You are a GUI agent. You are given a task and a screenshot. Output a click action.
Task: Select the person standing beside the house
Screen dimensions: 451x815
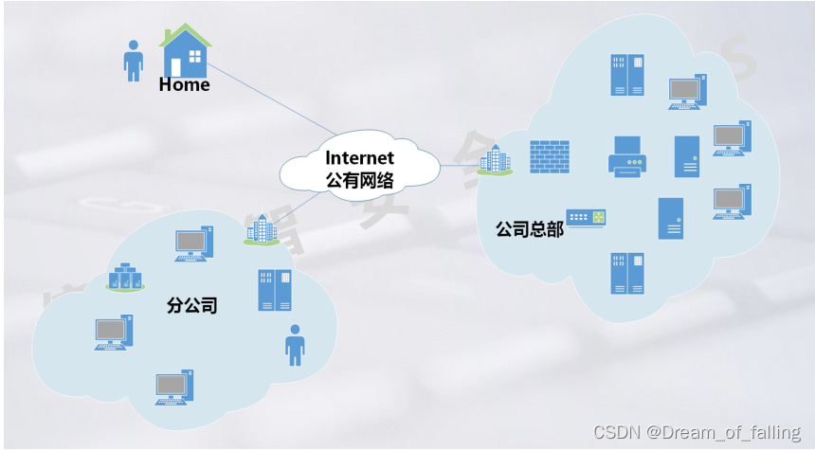click(134, 60)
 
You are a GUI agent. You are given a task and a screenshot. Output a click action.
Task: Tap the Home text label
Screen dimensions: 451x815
click(184, 85)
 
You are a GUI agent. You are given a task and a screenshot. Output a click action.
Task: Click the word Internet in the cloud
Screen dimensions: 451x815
click(359, 157)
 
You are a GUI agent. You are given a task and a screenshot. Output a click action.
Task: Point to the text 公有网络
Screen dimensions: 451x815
click(359, 179)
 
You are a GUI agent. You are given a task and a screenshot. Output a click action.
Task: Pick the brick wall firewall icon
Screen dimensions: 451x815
click(549, 156)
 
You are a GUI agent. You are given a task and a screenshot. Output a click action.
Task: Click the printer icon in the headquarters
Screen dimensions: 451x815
click(626, 156)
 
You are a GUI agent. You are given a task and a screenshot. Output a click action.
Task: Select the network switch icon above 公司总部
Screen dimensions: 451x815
click(586, 218)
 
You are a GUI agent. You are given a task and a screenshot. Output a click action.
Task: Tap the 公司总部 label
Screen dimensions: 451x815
click(529, 229)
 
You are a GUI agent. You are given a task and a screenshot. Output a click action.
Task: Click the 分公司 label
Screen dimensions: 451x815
click(192, 305)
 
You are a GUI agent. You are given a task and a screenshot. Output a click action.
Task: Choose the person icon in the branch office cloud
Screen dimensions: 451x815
click(295, 345)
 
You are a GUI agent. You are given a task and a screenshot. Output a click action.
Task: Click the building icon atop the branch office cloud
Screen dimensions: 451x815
click(262, 230)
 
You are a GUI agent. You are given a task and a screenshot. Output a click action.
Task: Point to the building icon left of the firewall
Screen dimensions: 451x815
click(495, 160)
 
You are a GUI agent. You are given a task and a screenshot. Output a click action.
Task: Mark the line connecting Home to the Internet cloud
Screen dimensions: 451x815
click(270, 99)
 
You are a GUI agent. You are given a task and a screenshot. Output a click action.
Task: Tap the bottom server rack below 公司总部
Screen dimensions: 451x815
click(627, 273)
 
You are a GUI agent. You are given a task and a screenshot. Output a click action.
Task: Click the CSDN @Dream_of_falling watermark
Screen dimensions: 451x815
click(697, 432)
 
